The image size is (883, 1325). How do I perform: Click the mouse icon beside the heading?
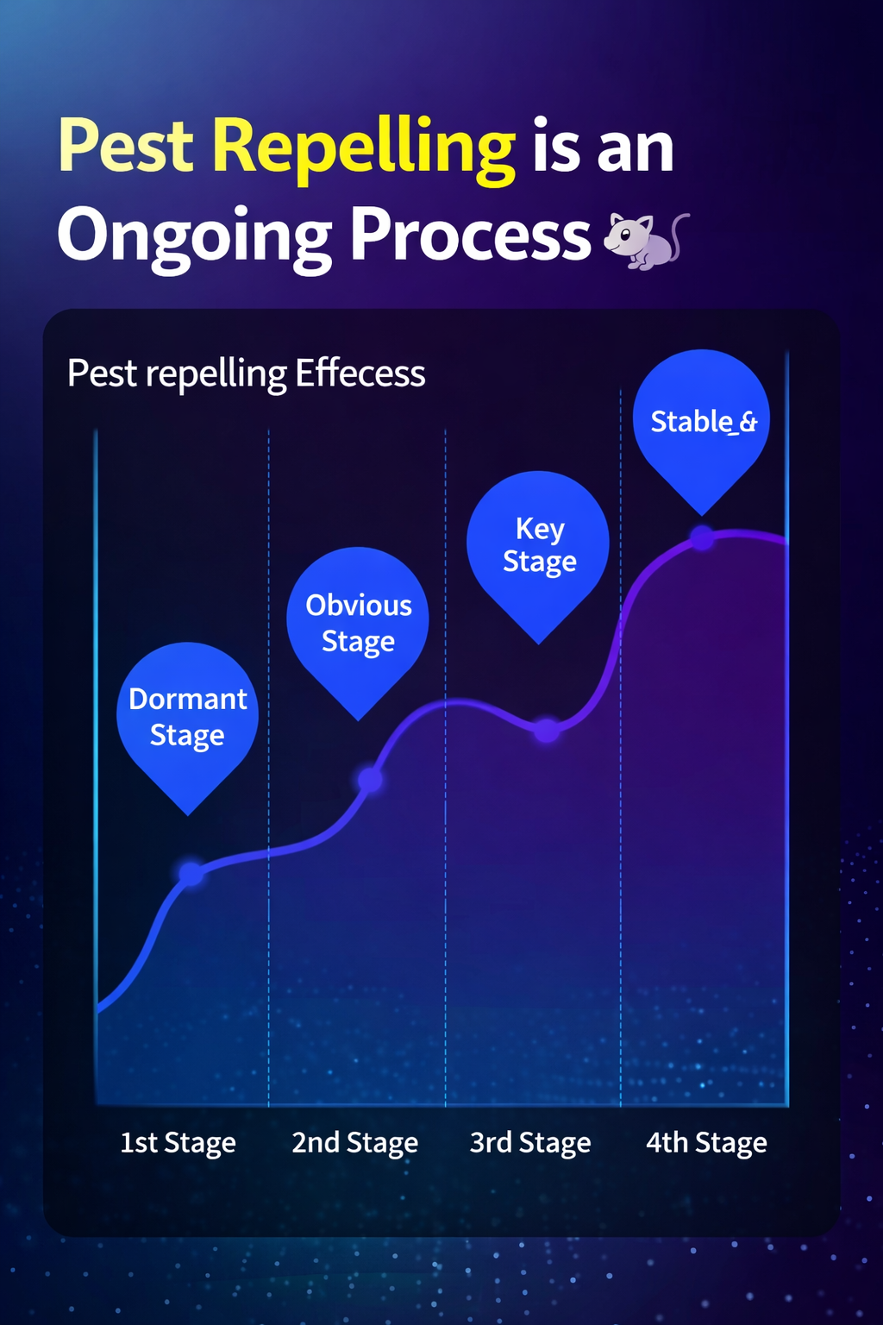646,241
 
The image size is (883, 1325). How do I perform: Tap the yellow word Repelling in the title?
364,150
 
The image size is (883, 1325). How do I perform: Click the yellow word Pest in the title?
126,145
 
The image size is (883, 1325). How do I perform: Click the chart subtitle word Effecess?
360,374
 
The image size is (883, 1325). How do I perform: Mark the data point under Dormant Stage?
191,873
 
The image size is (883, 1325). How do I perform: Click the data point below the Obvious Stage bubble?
371,780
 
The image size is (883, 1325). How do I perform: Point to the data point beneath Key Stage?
547,730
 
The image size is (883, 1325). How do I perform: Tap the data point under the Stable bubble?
702,537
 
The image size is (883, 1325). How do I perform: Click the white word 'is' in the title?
556,145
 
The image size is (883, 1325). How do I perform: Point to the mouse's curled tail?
679,234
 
